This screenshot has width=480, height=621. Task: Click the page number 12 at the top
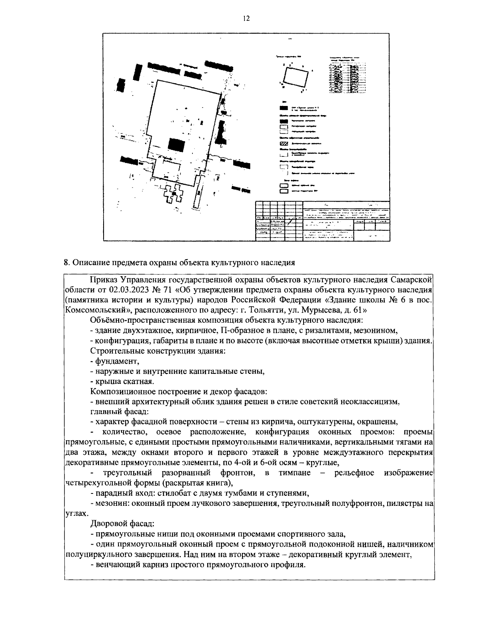[x=246, y=18]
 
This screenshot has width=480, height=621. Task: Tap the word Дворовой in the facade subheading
[x=105, y=523]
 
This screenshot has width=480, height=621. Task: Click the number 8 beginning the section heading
[x=66, y=262]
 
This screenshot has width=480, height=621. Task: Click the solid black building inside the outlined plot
[x=176, y=144]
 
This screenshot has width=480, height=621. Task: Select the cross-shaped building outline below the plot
[x=174, y=195]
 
